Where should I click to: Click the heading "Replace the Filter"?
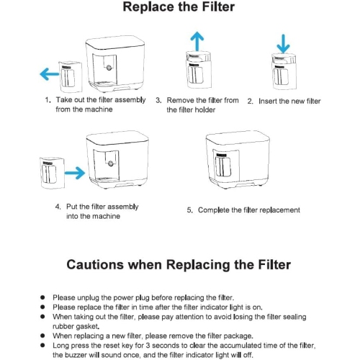coord(179,9)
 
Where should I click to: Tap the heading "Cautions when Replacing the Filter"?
coord(179,264)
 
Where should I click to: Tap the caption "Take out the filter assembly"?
coord(102,100)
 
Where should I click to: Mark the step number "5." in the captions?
coord(190,210)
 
